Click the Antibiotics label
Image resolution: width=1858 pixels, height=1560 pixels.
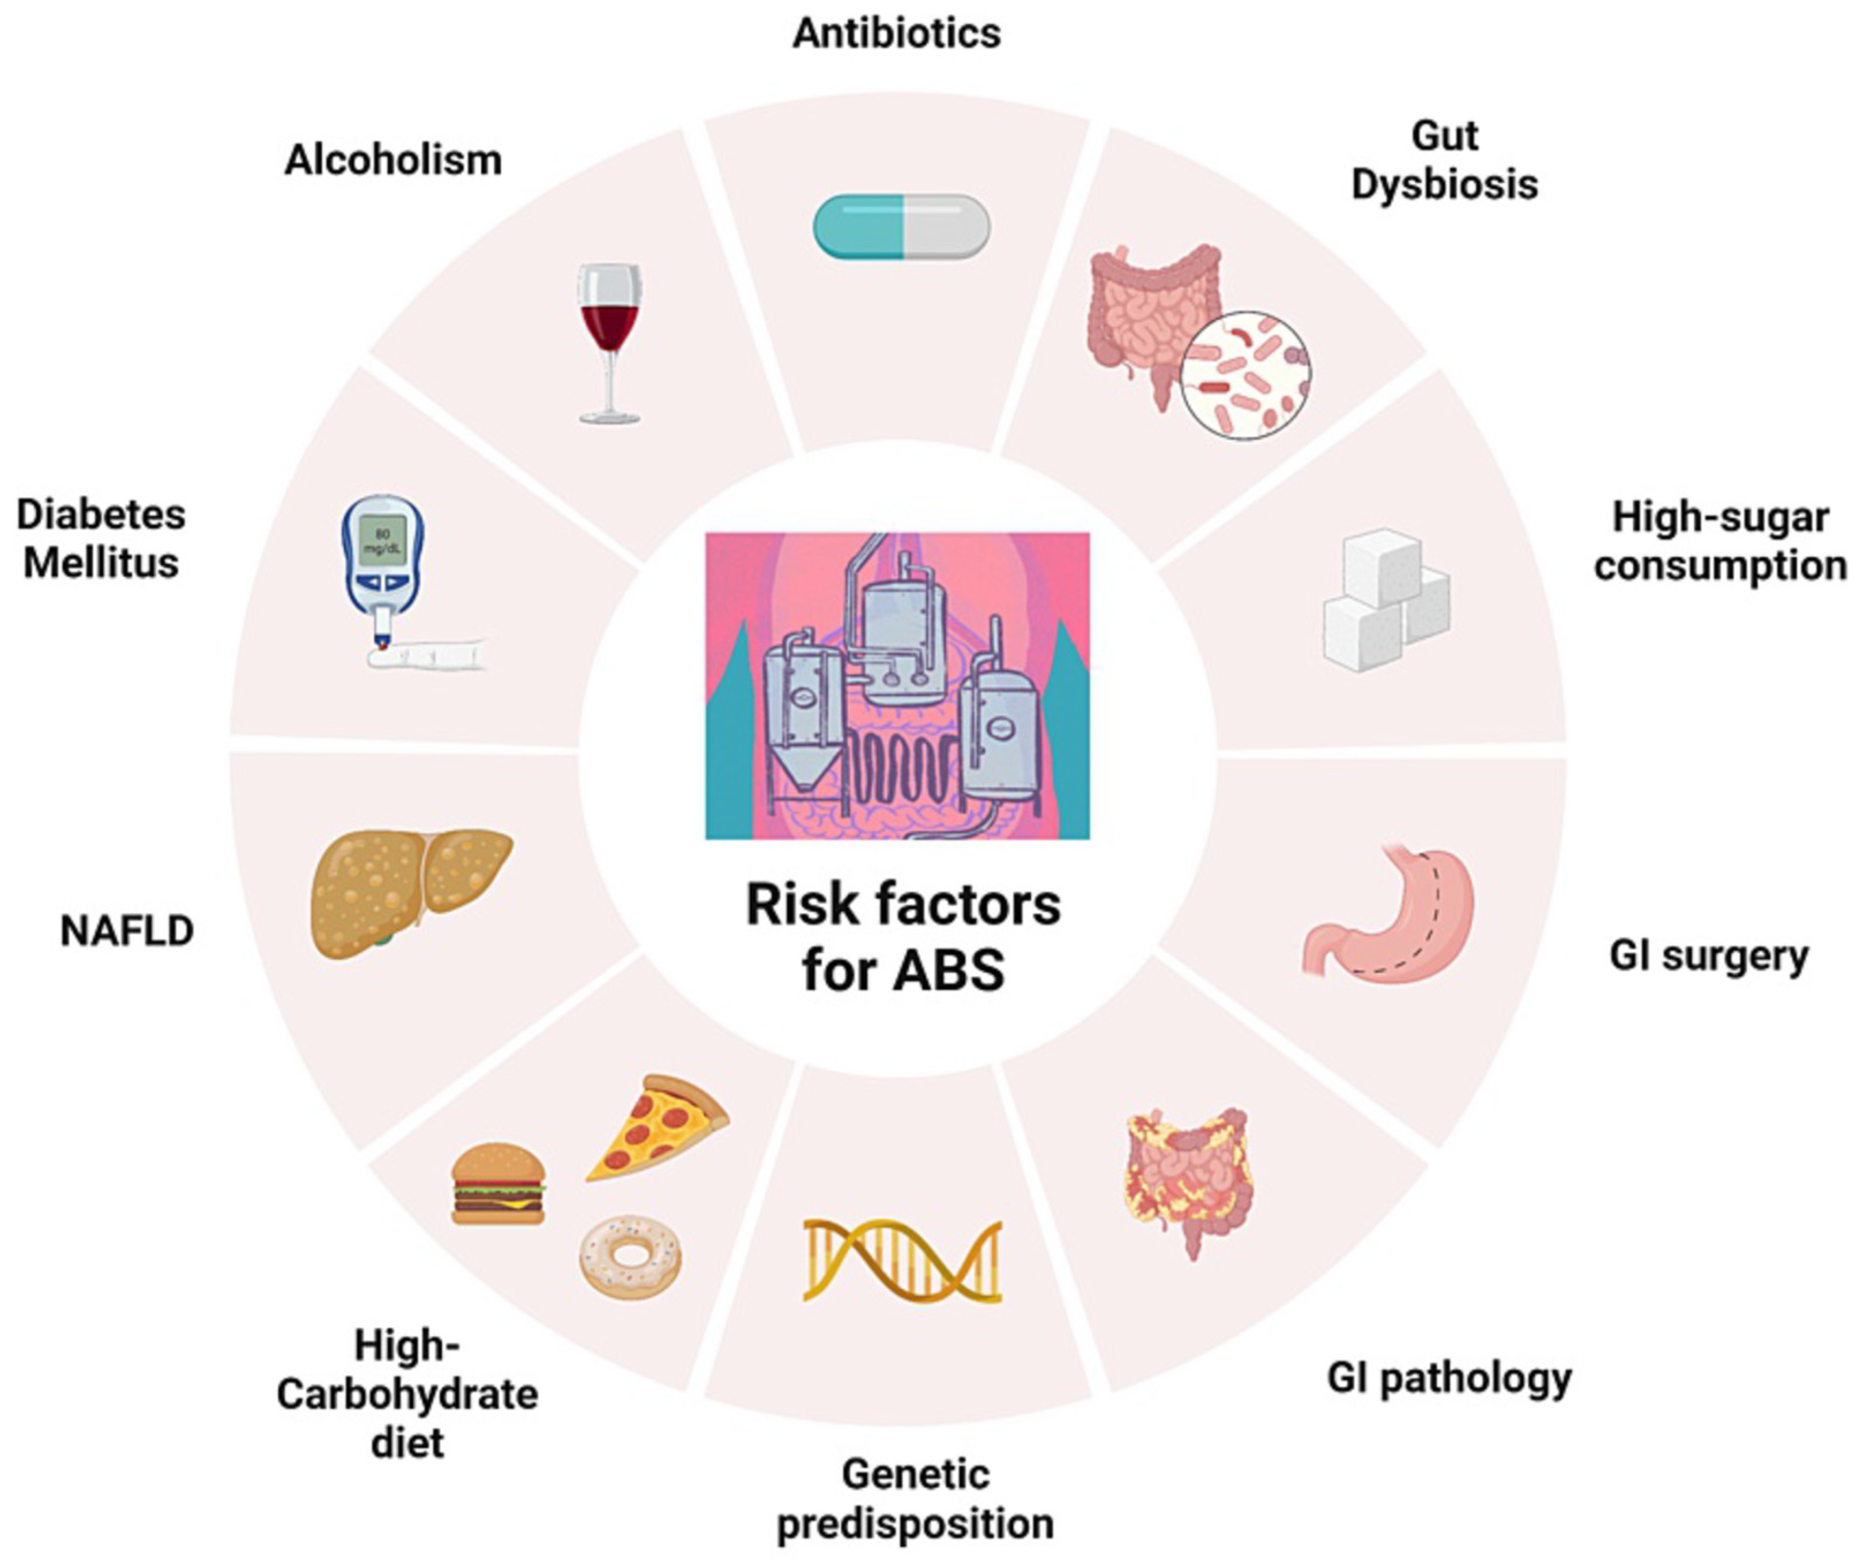click(x=896, y=33)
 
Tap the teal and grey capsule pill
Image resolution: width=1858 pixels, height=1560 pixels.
click(x=901, y=228)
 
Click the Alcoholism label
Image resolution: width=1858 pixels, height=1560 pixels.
click(x=393, y=160)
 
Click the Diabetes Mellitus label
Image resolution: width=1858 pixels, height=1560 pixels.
click(x=101, y=538)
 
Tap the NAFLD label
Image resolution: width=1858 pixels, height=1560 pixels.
click(x=127, y=931)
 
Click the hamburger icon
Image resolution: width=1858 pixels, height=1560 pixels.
click(x=497, y=1184)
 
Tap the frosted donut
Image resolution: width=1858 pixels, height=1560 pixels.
click(x=631, y=1256)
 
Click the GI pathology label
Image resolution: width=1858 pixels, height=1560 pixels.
click(x=1448, y=1378)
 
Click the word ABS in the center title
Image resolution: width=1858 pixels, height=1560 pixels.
click(x=949, y=970)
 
